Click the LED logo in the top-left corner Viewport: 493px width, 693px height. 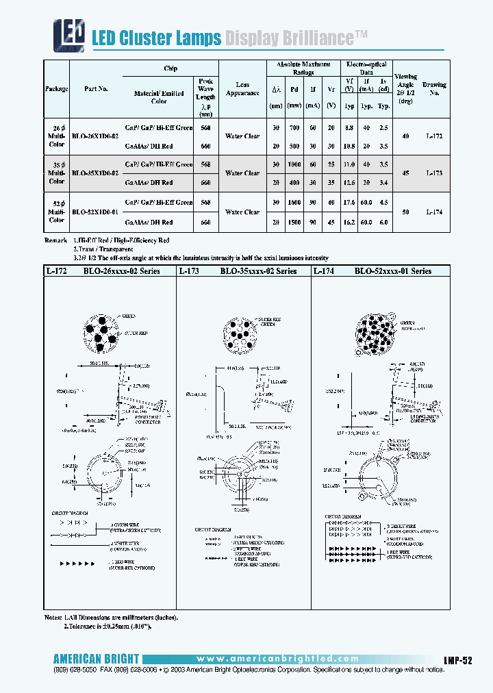[x=70, y=34]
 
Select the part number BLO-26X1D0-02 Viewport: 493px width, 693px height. [x=95, y=136]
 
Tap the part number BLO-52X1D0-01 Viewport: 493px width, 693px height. [x=95, y=212]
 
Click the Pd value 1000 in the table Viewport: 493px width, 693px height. [x=294, y=165]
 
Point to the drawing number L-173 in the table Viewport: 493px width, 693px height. [x=434, y=174]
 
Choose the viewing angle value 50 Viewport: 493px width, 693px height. [x=406, y=213]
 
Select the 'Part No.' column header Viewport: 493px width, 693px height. [x=95, y=89]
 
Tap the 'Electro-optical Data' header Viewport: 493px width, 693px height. [x=367, y=67]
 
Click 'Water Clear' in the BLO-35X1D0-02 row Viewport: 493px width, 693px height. [x=242, y=174]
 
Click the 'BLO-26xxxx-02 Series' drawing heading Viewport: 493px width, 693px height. [x=121, y=271]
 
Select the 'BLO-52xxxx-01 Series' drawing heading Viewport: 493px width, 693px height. [x=392, y=271]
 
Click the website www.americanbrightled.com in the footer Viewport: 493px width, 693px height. [x=273, y=658]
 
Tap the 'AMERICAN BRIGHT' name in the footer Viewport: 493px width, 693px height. [x=96, y=659]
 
